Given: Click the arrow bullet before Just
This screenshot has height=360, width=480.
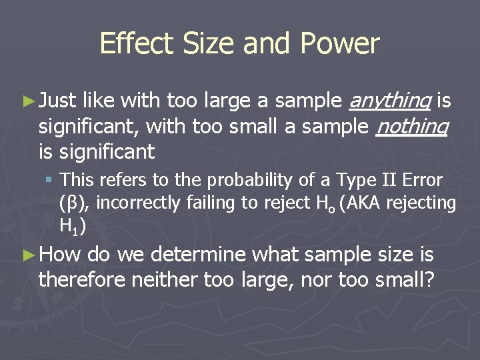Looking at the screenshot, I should click(27, 102).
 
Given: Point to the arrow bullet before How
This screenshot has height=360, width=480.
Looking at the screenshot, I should click(27, 254).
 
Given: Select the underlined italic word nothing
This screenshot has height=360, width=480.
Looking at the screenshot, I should click(412, 127).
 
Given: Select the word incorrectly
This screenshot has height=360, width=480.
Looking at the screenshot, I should click(136, 203).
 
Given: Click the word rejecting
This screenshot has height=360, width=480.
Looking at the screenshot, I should click(425, 203).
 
